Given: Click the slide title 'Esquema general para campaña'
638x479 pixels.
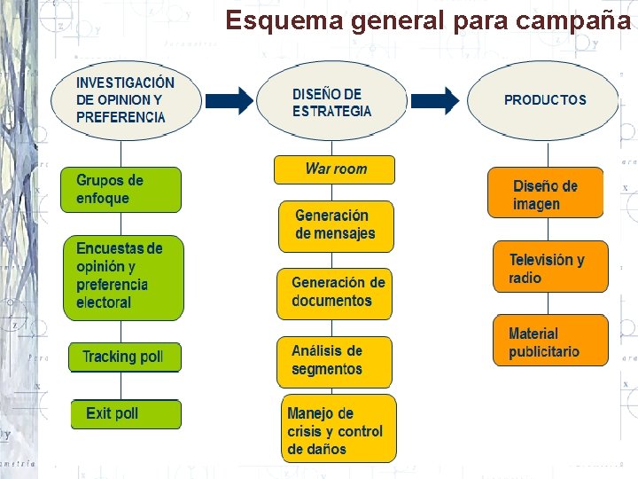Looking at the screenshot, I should [x=428, y=19].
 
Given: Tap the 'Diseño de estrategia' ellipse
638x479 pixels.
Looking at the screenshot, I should [x=332, y=101].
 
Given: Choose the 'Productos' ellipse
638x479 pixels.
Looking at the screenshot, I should [x=544, y=100].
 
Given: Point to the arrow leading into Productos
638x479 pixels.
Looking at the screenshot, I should [x=440, y=100].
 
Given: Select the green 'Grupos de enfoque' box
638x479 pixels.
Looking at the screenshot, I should [x=121, y=189].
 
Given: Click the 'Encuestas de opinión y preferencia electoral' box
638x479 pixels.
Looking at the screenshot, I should [x=123, y=276].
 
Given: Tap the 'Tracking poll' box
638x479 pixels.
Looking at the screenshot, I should [x=124, y=357].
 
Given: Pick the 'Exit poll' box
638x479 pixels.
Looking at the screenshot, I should [x=125, y=413].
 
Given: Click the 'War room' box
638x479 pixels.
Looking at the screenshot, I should [x=334, y=169].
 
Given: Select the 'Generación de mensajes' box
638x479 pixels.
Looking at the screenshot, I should [x=335, y=225].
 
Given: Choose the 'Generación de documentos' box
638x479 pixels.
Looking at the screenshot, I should [x=335, y=292].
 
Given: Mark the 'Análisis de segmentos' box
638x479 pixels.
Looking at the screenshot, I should [x=334, y=360].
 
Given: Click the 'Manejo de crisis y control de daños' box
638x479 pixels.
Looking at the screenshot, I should [x=338, y=430].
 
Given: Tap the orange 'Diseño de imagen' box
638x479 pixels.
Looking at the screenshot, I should [x=545, y=194].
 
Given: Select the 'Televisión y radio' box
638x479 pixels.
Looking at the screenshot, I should [x=550, y=268].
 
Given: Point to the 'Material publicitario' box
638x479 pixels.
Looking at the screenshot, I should [x=550, y=342].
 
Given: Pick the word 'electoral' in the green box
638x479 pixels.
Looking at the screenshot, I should [x=104, y=302].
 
